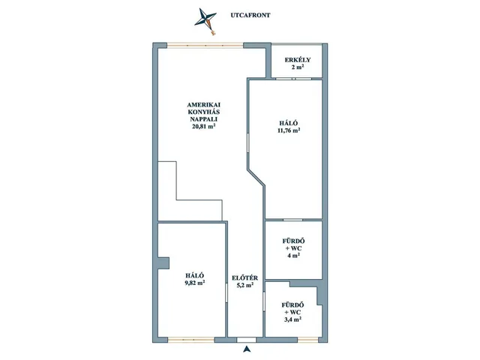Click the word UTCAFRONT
point(250,15)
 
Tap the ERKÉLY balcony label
point(298,60)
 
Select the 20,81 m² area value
point(203,126)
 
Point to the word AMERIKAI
point(203,105)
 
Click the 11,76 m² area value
point(288,130)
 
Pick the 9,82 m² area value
point(195,283)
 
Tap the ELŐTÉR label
point(245,278)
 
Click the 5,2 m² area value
point(245,285)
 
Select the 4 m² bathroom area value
point(293,256)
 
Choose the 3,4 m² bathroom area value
point(293,320)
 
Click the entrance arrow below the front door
point(247,349)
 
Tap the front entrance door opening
point(247,340)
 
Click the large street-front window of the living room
point(205,46)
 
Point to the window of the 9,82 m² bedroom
point(191,340)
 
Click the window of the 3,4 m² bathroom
point(307,340)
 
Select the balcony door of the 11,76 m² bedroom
point(293,79)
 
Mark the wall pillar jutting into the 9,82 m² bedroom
point(163,263)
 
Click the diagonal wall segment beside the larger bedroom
point(256,177)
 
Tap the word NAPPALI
point(203,119)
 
